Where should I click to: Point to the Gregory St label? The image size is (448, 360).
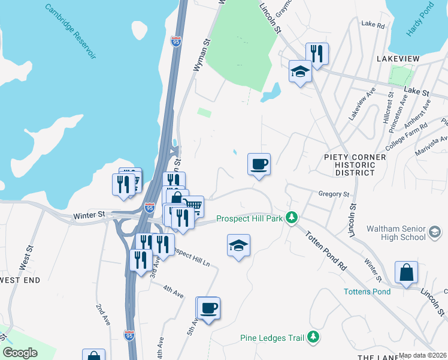[x=334, y=194]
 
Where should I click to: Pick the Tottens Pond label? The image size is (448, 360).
[x=367, y=292]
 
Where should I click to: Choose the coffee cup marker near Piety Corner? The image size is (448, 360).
[x=259, y=164]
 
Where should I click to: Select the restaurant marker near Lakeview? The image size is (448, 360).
[x=317, y=54]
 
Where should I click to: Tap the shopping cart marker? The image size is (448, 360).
[x=193, y=207]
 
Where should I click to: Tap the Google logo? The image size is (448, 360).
[x=20, y=353]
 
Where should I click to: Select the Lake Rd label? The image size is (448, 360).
[x=372, y=24]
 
